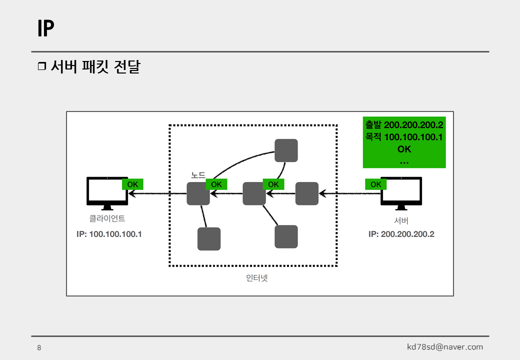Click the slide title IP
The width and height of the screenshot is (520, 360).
pos(45,29)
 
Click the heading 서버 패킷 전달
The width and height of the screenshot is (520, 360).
pos(95,67)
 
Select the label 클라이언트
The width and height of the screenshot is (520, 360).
pos(107,218)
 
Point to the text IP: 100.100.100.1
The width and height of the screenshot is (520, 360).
pos(109,233)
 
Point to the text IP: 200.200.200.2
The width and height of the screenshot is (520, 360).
pos(401,233)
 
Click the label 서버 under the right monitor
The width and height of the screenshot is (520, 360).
pos(401,221)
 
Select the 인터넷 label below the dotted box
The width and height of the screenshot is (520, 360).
pos(257,278)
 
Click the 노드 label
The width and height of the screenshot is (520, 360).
pos(198,175)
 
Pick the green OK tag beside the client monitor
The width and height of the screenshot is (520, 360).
pos(132,184)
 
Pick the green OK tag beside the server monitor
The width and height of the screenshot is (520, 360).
pos(376,184)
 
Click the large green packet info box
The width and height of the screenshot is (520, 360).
pos(404,143)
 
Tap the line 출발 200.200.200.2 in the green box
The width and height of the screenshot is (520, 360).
pos(404,125)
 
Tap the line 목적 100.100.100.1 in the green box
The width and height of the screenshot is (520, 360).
pos(404,136)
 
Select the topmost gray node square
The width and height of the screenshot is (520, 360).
pos(286,150)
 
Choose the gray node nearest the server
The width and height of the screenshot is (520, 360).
pos(307,193)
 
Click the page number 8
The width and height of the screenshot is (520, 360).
pos(39,348)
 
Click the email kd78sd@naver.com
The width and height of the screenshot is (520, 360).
pos(445,347)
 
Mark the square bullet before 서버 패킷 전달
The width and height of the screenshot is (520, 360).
pos(41,67)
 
